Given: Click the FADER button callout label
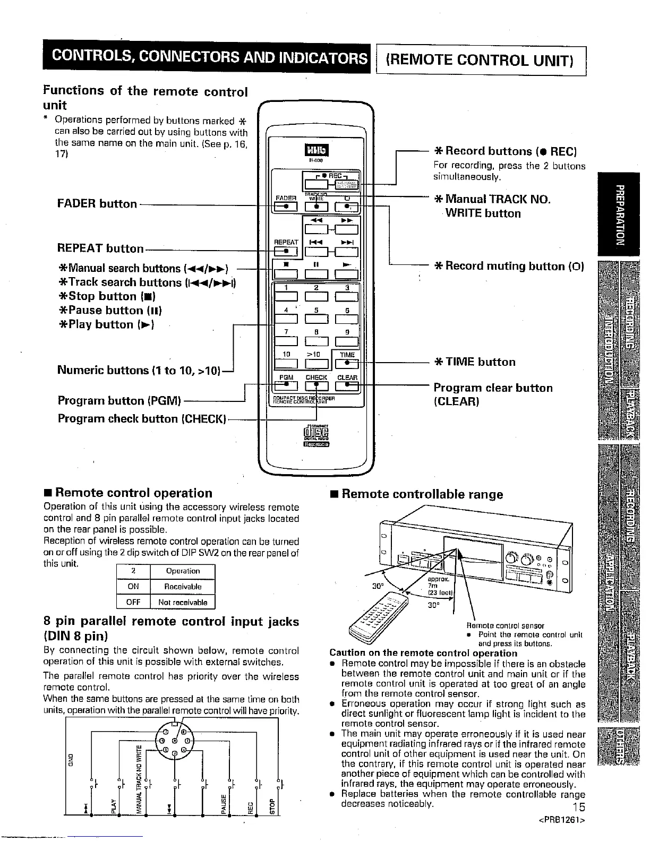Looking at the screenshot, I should tap(97, 204).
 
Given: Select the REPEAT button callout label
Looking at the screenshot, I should tap(100, 248).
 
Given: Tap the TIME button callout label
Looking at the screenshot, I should tap(481, 362).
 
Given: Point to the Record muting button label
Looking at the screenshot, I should tap(509, 266).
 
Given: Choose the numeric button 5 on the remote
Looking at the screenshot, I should tap(317, 319).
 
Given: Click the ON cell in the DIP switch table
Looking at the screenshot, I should tap(133, 587).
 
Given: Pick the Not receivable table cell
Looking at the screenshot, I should tap(183, 603).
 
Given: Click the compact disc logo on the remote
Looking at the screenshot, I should tap(317, 436).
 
